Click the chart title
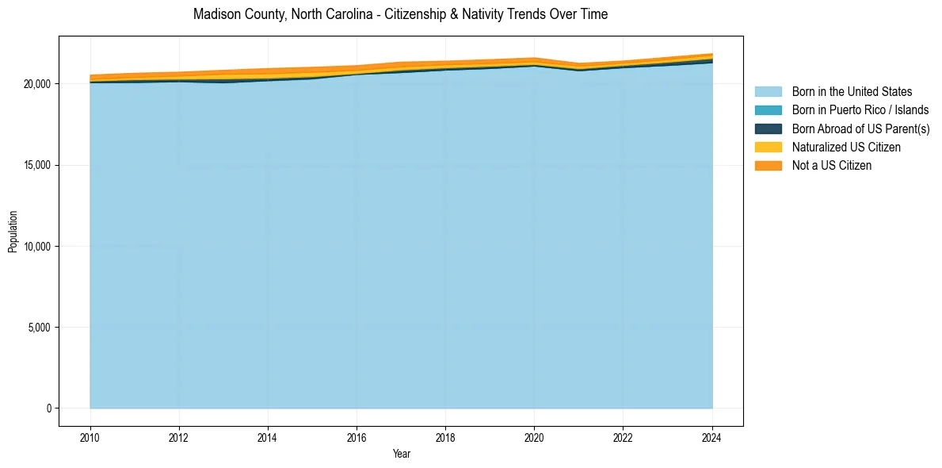tap(400, 14)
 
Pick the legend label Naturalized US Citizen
tap(846, 148)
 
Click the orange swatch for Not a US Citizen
tap(768, 166)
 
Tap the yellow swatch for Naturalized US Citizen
tap(768, 148)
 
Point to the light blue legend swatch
tap(768, 92)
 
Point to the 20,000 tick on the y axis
tap(38, 84)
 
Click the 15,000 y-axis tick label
tap(38, 165)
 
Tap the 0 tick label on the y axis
tap(49, 409)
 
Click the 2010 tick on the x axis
tap(90, 437)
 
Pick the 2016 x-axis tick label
tap(357, 437)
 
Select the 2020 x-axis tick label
tap(534, 437)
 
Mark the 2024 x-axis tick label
tap(712, 437)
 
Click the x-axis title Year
tap(401, 454)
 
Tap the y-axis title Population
tap(13, 232)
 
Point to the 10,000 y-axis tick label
tap(38, 247)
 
